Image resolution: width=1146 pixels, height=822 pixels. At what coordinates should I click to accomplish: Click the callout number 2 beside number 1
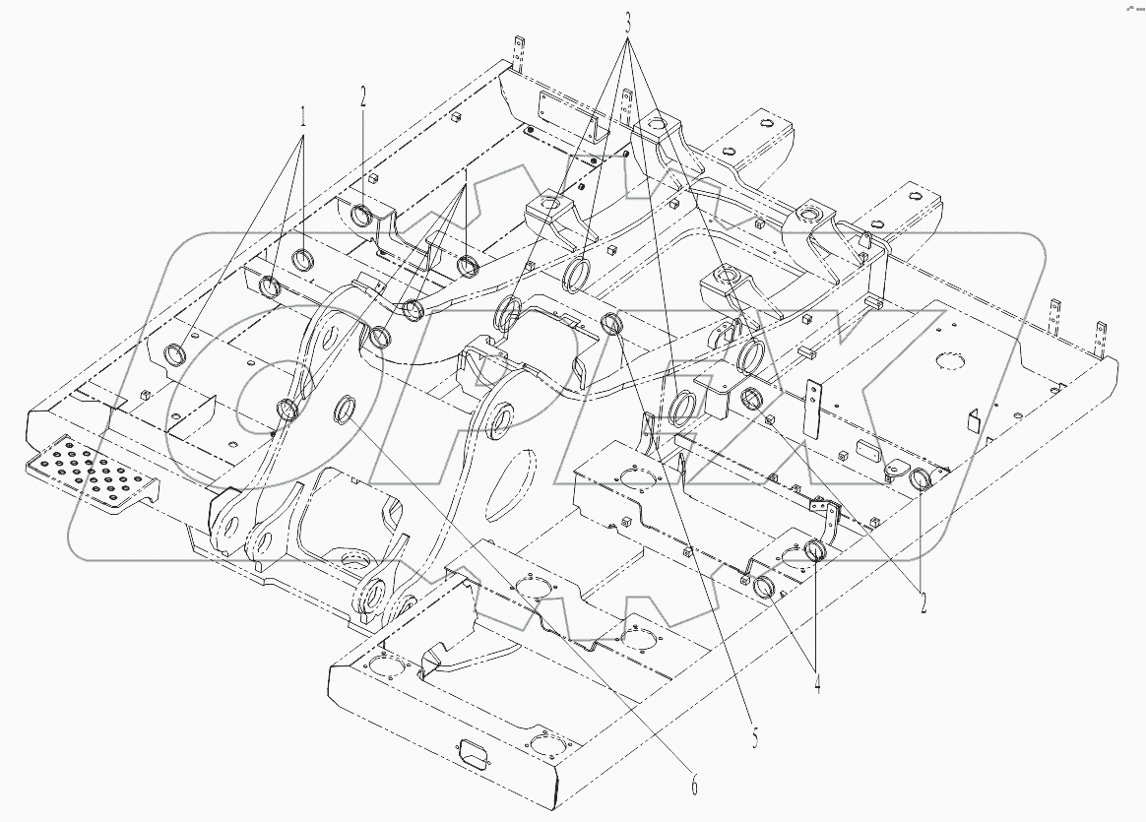[x=363, y=97]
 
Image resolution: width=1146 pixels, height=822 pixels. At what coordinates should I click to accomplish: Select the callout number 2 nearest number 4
[x=923, y=602]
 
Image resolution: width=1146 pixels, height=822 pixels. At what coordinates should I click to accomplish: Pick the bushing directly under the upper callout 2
[x=361, y=216]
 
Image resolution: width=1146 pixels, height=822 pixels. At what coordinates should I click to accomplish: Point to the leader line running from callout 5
[x=684, y=523]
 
